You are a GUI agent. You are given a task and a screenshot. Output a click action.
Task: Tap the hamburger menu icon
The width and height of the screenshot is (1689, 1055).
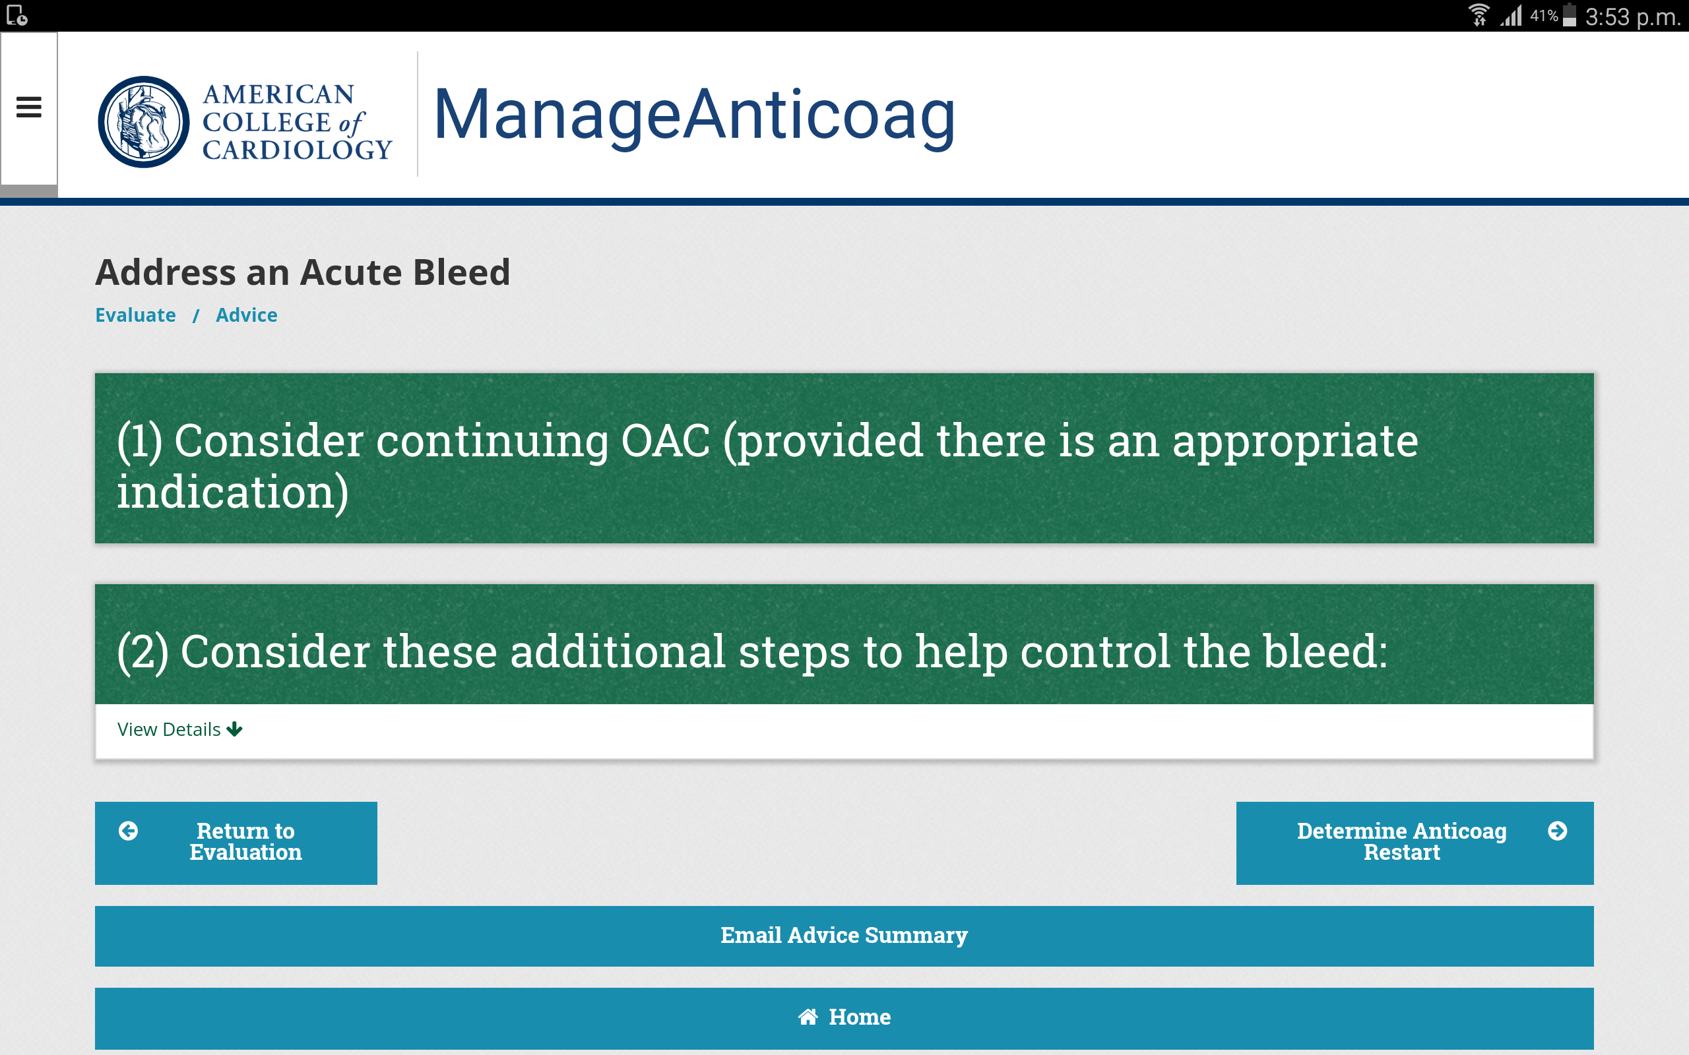(x=28, y=107)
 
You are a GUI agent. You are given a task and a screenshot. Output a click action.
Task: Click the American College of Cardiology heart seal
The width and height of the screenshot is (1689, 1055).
(x=144, y=121)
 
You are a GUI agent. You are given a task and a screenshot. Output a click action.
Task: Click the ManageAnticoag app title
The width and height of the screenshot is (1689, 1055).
(x=695, y=115)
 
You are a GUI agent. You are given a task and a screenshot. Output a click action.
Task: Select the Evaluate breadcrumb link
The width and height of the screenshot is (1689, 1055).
(x=135, y=315)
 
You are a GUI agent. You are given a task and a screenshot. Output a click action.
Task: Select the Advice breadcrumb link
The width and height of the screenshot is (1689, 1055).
(x=246, y=315)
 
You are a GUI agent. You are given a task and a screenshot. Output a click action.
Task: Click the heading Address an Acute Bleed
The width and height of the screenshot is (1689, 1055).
(x=303, y=272)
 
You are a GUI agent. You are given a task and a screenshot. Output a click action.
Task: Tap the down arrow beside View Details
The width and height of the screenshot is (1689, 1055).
(x=234, y=729)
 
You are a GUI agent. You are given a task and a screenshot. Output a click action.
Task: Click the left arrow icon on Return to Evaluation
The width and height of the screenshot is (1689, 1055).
(x=129, y=830)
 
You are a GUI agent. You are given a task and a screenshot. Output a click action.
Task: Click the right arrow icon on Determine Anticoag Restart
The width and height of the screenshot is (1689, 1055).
(x=1557, y=830)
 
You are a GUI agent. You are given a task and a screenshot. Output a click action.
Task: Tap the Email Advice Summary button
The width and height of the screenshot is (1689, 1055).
(x=844, y=936)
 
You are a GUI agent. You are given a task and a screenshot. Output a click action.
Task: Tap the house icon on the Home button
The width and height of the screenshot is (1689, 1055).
(x=808, y=1017)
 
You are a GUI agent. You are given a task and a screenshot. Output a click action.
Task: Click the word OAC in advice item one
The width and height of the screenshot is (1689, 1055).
(x=665, y=441)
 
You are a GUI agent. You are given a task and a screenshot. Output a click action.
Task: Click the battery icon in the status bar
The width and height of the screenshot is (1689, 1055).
(x=1570, y=15)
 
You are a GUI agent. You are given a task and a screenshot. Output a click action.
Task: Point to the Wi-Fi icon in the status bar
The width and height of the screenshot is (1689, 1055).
(x=1479, y=15)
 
